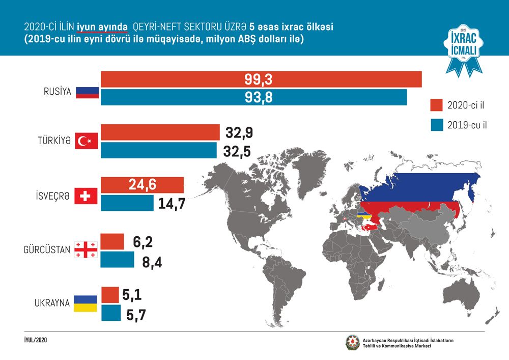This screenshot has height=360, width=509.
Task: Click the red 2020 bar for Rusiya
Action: [261, 79]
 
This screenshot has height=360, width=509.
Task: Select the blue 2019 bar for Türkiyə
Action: [159, 150]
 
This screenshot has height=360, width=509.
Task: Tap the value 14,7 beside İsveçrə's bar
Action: [172, 204]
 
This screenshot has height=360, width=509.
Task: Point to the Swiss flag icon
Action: [86, 196]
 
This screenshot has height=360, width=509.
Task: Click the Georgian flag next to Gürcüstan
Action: [86, 250]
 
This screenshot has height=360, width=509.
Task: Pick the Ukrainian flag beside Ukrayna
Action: [86, 303]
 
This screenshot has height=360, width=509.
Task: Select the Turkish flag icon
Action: [87, 141]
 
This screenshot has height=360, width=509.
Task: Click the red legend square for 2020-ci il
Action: [437, 105]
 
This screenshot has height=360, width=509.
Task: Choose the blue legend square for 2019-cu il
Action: [437, 125]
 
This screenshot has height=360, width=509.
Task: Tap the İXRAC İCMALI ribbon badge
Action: [464, 50]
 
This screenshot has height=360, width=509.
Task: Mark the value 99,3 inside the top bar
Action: [259, 79]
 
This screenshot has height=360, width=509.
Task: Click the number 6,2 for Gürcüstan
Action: [143, 242]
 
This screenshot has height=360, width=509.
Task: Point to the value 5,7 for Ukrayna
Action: [136, 315]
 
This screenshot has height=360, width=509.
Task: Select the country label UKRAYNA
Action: [52, 303]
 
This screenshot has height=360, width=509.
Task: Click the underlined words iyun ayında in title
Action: [102, 27]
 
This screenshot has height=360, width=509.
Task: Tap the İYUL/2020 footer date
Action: [36, 340]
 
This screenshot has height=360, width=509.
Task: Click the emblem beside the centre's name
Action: [353, 343]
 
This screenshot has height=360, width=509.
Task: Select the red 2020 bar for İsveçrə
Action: [143, 185]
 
